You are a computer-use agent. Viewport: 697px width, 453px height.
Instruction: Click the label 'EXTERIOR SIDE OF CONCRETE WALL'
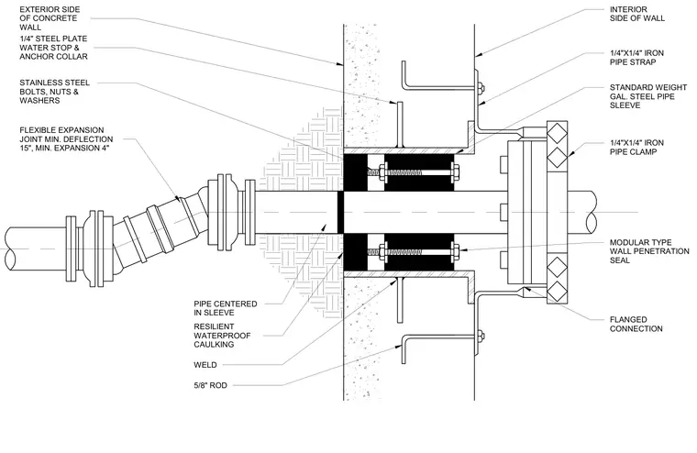click(x=50, y=18)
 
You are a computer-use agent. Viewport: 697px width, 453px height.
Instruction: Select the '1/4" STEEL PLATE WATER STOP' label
click(x=53, y=43)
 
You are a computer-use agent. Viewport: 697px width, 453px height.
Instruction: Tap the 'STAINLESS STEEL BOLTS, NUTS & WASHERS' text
click(x=55, y=92)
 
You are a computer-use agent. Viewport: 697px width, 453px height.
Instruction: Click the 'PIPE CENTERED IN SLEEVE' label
click(x=226, y=308)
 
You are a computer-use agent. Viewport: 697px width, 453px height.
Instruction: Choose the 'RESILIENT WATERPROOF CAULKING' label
click(x=222, y=336)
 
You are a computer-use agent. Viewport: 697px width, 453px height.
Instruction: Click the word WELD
click(x=205, y=365)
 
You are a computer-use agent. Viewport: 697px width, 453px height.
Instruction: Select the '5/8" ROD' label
click(x=210, y=385)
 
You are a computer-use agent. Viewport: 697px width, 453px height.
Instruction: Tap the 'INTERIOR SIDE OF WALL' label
click(x=637, y=14)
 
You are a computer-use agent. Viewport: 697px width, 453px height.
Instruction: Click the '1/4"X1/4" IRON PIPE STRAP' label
click(x=636, y=58)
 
